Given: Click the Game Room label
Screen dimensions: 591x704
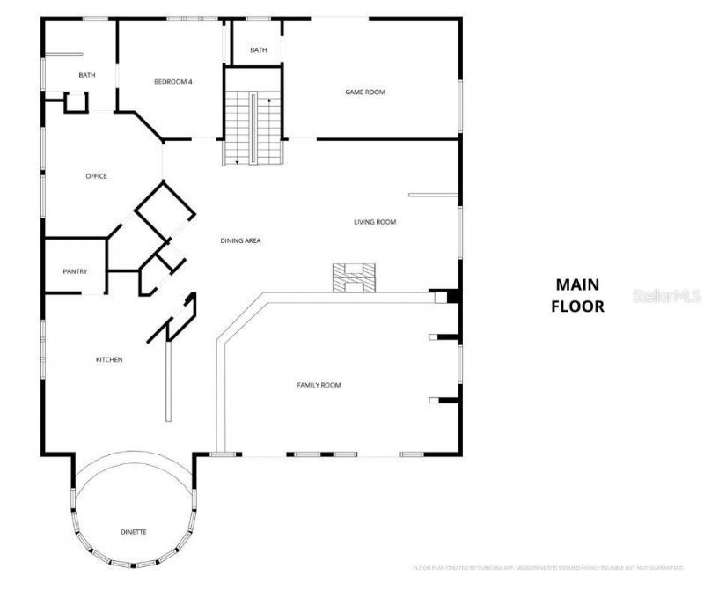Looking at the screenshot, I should coord(364,92).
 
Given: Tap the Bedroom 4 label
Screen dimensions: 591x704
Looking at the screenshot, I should coord(173,82).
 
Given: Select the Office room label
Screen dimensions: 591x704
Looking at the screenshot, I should coord(96,176).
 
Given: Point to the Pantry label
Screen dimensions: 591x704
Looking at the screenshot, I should coord(75,271).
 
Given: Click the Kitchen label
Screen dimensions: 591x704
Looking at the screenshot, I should coord(109,359).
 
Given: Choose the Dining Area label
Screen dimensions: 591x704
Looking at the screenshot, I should coord(240,240).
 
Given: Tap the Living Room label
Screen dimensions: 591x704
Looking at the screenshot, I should coord(375,222).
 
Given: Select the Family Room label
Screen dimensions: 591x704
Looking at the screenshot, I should coord(319,385).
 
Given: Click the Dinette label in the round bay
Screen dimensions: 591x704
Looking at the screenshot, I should coord(134,532).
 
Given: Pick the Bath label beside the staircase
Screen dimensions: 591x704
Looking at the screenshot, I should coord(258,50).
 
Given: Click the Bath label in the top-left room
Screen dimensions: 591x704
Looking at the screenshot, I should coord(87,75).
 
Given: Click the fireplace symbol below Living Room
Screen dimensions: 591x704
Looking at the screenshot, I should coord(354,277).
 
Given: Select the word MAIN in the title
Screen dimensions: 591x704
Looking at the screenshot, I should coord(577,284).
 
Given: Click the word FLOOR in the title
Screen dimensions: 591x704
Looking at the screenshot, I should coord(577,307).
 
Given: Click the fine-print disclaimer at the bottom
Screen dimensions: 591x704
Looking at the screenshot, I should coord(549,567).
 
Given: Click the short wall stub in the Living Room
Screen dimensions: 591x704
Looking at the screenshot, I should coord(432,195).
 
